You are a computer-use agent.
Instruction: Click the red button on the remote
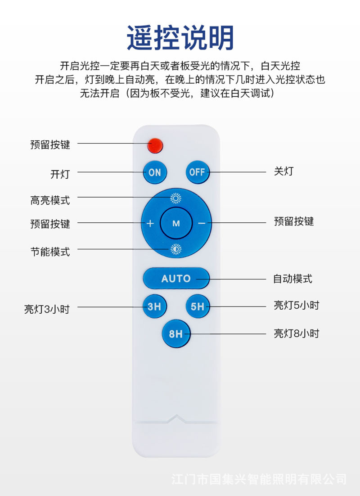coord(155,145)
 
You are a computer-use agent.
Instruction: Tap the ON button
coord(154,172)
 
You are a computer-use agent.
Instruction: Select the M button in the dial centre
coord(176,223)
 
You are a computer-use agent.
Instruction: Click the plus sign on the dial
coord(150,223)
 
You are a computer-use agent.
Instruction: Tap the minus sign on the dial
coord(202,223)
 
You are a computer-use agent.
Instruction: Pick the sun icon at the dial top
coord(176,198)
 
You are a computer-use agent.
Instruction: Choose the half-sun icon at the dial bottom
coord(176,249)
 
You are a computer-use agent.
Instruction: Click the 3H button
coord(154,307)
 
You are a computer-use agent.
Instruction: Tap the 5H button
coord(197,307)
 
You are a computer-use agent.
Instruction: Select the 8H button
coord(176,334)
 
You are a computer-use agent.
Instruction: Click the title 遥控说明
coord(180,38)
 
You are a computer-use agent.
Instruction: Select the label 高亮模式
coord(50,200)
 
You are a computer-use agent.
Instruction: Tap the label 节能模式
coord(50,252)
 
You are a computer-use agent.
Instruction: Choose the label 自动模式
coord(292,279)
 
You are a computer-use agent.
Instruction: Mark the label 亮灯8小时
coord(296,334)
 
